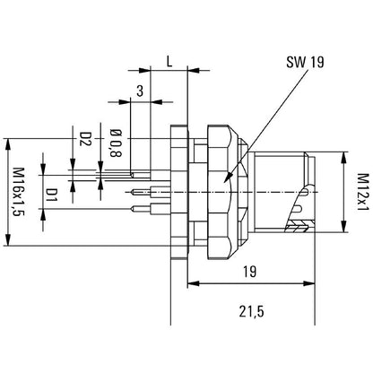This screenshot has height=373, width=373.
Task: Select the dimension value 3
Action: (x=141, y=90)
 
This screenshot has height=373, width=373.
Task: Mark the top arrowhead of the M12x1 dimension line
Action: (x=345, y=155)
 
